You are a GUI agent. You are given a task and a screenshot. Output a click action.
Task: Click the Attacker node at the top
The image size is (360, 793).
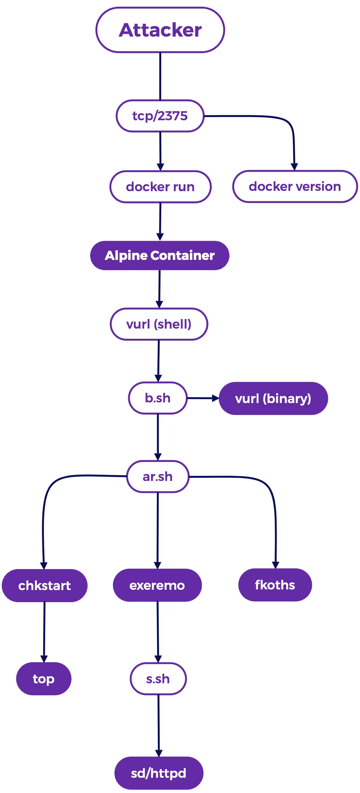(x=160, y=30)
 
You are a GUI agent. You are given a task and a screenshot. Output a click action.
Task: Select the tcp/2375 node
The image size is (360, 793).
(x=160, y=116)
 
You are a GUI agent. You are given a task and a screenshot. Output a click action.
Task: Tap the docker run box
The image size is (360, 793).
(x=160, y=187)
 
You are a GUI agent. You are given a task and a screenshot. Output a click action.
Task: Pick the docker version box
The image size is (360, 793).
(x=295, y=186)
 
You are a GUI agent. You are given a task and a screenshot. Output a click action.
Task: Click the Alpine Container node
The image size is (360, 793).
(x=160, y=255)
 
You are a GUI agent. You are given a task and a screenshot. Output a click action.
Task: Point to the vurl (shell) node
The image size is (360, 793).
(x=159, y=324)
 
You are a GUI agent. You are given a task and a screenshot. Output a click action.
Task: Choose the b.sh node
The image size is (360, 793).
(x=158, y=398)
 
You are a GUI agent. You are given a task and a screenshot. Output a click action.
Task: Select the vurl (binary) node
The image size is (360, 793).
(x=273, y=399)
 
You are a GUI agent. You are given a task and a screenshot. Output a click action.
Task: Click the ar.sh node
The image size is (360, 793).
(x=158, y=476)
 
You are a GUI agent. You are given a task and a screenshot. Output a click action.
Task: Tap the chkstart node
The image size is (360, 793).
(x=45, y=586)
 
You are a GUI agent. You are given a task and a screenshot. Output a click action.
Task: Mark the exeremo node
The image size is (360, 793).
(x=157, y=585)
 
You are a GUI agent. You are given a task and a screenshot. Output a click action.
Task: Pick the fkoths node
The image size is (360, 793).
(x=275, y=585)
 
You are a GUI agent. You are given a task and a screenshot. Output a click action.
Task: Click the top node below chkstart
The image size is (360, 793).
(x=44, y=679)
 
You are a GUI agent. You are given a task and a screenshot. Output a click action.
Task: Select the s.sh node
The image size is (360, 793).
(x=158, y=679)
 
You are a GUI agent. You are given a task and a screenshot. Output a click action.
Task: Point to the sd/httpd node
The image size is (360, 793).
(x=159, y=773)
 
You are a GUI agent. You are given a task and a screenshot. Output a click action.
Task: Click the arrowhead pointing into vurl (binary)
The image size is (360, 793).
(x=215, y=398)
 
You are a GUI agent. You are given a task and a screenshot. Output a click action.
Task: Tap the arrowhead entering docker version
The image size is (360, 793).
(x=294, y=167)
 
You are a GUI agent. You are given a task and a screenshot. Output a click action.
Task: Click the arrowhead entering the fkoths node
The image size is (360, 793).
(x=275, y=565)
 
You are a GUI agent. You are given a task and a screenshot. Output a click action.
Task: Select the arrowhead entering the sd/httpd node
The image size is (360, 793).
(x=159, y=753)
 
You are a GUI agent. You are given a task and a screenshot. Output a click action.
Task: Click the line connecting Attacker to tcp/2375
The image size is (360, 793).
(x=160, y=76)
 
